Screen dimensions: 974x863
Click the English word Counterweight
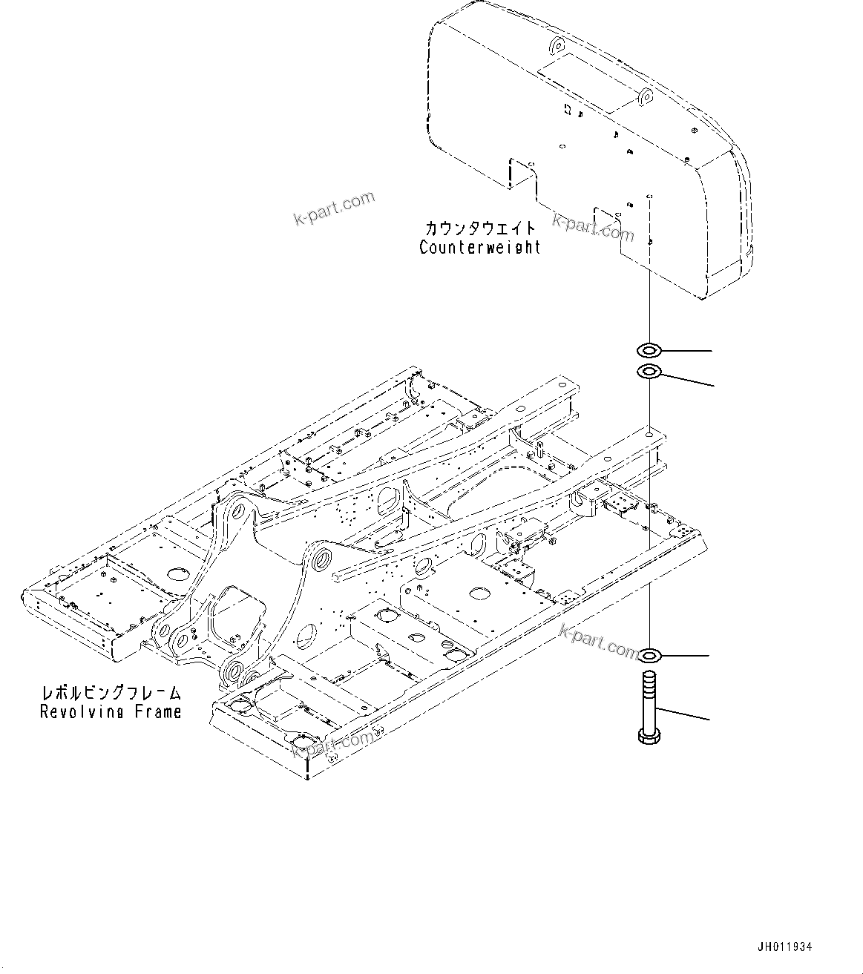(x=480, y=248)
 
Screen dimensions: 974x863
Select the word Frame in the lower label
(x=157, y=712)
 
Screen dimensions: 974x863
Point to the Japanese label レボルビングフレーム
(x=111, y=694)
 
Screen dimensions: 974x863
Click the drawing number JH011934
(x=784, y=947)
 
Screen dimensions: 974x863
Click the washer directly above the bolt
(x=649, y=655)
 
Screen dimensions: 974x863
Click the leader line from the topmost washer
(x=687, y=349)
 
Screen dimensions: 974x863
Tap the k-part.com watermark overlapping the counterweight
(x=594, y=227)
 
